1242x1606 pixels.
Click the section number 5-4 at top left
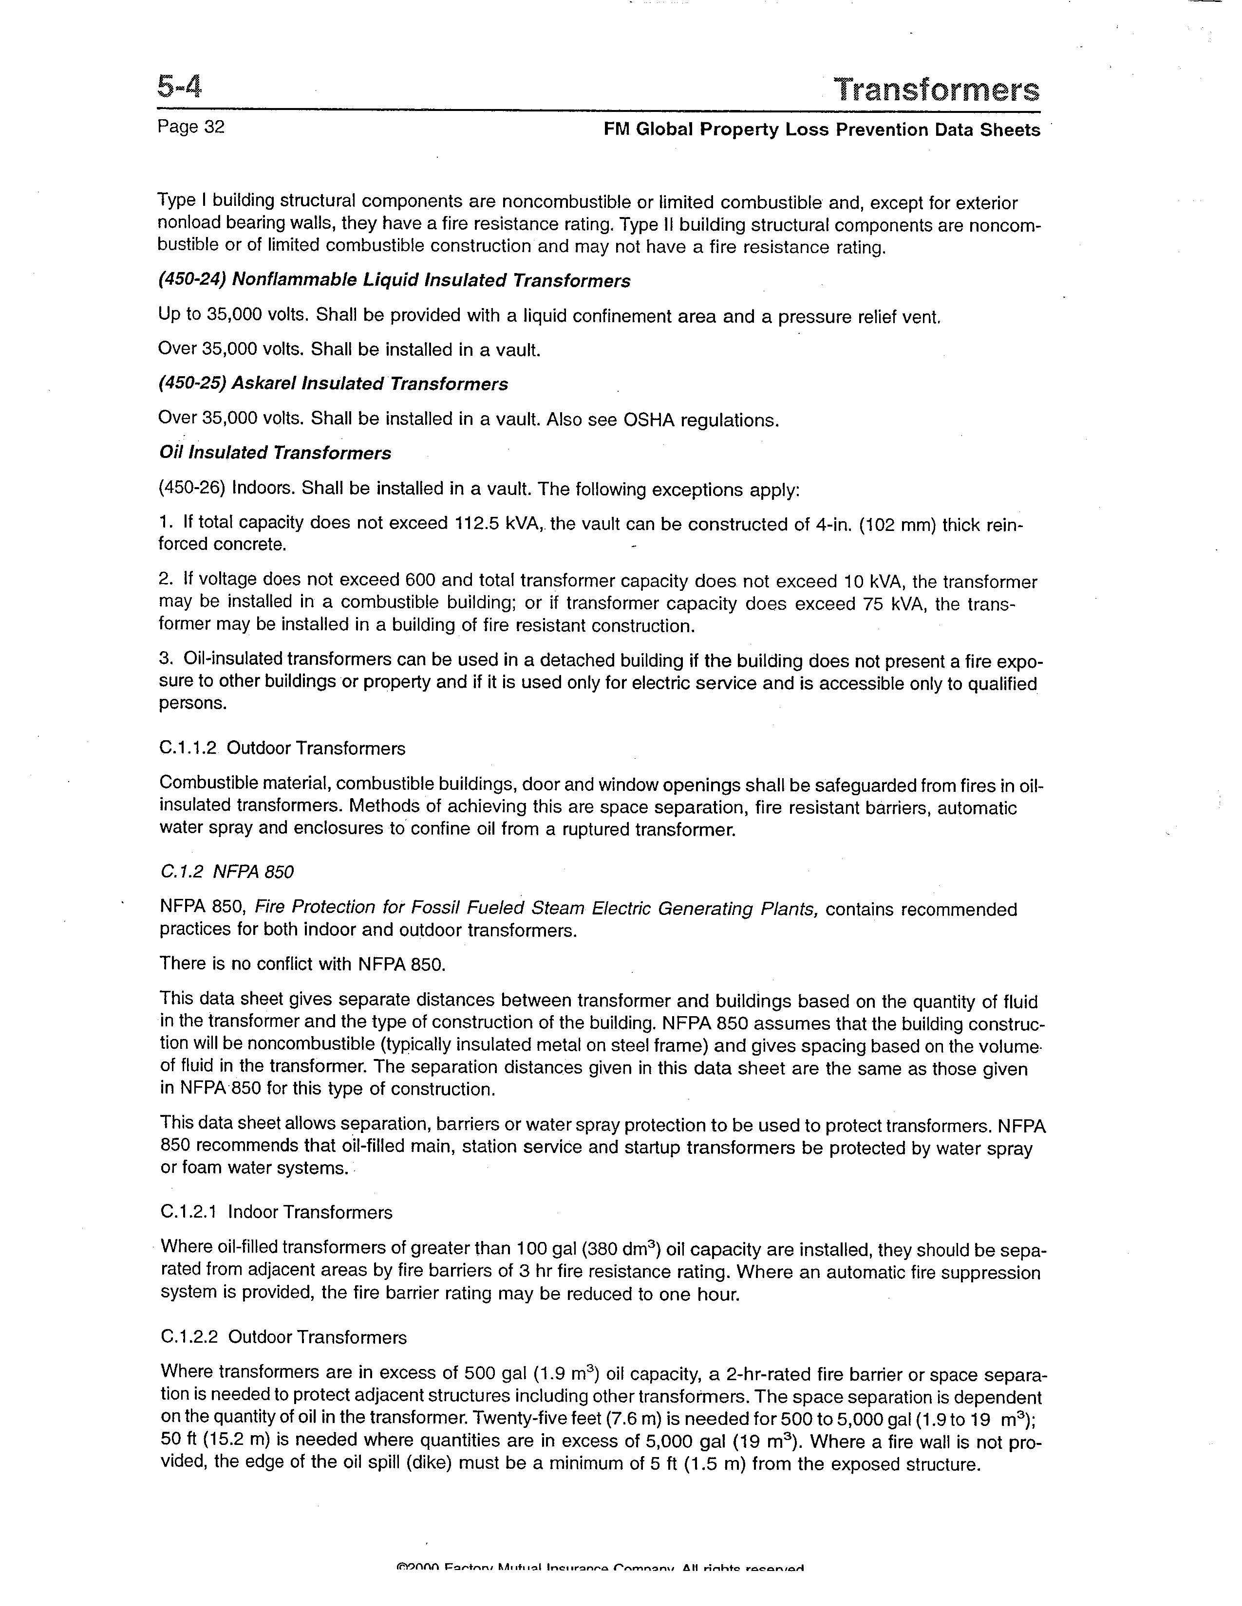click(x=179, y=88)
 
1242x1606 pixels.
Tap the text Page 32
click(x=190, y=127)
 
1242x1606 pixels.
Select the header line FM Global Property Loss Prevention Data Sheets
click(x=821, y=130)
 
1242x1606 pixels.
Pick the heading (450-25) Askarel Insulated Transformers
click(x=333, y=384)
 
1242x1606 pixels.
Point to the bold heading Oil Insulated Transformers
click(x=275, y=453)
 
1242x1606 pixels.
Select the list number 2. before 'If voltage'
click(x=166, y=580)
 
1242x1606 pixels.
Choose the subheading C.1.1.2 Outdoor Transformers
click(x=282, y=748)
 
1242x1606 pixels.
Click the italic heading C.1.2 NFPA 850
click(x=226, y=872)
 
